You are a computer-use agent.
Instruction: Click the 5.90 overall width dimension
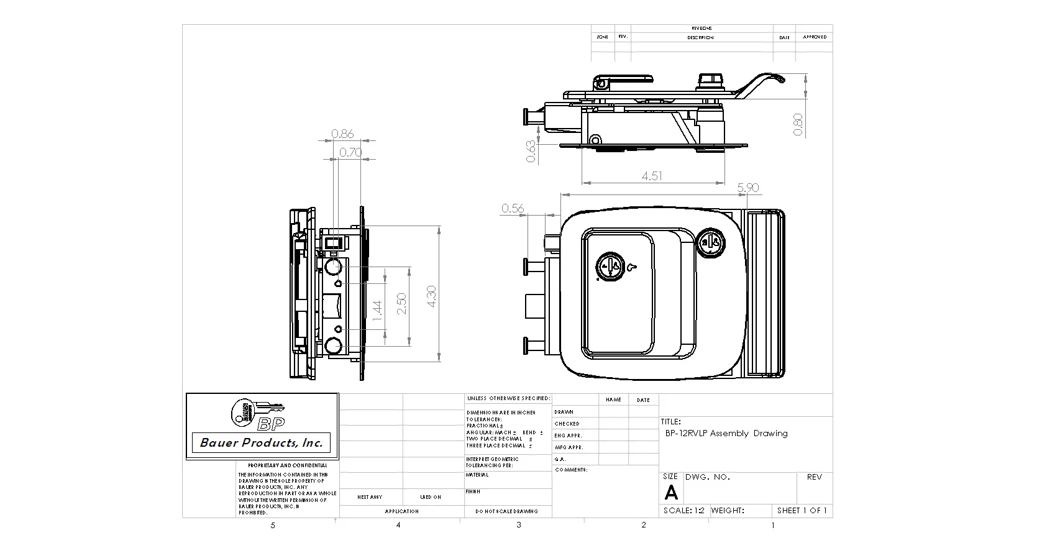point(747,188)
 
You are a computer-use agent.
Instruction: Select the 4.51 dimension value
point(651,176)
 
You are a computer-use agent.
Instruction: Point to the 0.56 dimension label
point(513,209)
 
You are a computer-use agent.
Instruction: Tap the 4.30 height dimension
point(432,295)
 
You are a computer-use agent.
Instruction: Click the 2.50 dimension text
point(402,304)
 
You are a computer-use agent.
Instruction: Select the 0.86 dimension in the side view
point(342,134)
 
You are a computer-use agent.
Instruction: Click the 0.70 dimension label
point(350,152)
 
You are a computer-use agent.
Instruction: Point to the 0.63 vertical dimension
point(531,152)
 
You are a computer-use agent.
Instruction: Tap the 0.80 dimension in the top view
point(798,124)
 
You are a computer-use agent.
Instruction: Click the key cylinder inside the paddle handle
point(610,267)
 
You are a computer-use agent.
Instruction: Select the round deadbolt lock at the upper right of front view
point(710,242)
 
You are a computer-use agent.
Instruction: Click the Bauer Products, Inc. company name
point(261,443)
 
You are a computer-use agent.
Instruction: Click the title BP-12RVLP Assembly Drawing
point(726,433)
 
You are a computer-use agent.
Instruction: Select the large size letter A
point(671,493)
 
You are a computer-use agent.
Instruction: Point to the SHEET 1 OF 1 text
point(802,510)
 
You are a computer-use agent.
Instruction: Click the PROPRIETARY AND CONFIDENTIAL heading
point(287,465)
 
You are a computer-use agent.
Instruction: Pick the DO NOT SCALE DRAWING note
point(507,511)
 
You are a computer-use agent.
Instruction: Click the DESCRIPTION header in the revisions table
point(700,37)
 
